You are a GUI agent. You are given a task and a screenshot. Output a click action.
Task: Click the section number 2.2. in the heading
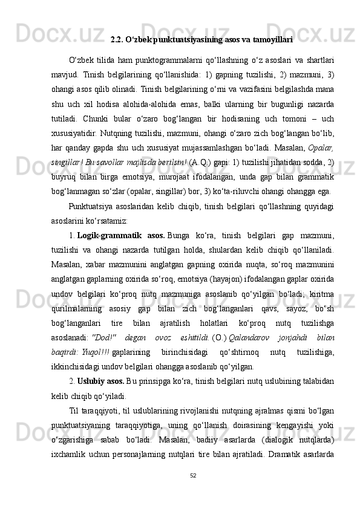pos(118,41)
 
